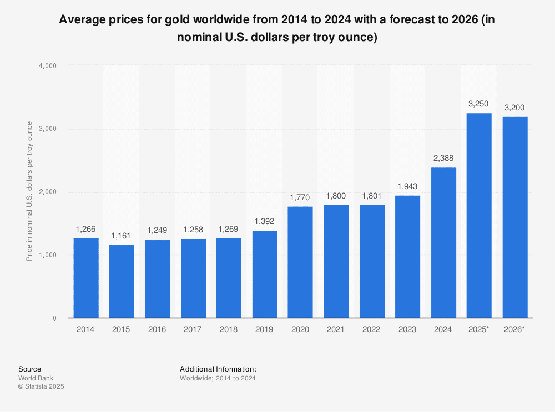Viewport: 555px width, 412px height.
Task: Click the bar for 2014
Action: click(85, 278)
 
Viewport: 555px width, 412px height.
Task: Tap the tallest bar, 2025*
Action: click(479, 216)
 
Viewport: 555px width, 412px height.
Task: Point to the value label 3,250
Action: click(479, 104)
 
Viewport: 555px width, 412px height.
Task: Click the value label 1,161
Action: click(121, 236)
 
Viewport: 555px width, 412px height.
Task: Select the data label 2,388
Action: click(443, 159)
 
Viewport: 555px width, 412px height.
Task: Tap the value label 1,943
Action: click(407, 186)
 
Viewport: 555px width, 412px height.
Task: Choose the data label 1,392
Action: click(264, 221)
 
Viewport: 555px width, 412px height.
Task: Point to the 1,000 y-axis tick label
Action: click(47, 255)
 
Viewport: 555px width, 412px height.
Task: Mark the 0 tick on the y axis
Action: click(54, 318)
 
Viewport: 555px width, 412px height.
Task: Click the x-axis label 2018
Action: click(229, 329)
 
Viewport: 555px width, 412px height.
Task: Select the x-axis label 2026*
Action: click(515, 329)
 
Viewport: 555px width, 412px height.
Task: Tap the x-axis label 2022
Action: click(372, 329)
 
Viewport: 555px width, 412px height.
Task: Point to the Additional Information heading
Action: click(218, 369)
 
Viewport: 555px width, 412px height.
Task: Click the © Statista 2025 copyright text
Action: click(42, 387)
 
